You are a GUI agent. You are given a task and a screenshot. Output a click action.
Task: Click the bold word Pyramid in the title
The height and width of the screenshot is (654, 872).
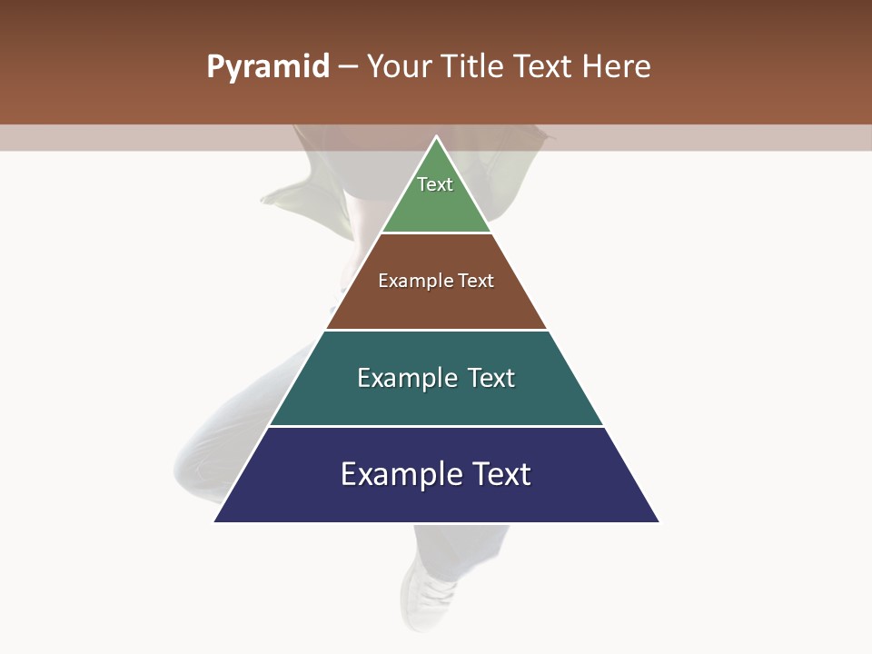tap(267, 67)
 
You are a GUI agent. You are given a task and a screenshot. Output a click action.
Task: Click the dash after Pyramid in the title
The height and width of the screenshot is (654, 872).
tap(347, 67)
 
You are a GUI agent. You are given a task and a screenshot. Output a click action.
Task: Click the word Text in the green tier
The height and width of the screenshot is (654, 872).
tap(435, 184)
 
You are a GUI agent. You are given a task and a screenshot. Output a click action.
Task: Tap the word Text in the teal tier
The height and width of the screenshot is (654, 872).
tap(491, 378)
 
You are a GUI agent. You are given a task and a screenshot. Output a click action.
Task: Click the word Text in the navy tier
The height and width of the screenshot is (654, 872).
tap(501, 474)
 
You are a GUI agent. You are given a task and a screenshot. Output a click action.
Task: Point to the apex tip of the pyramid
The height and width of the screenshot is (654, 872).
tap(436, 137)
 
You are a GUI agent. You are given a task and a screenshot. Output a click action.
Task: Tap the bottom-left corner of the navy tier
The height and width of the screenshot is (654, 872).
tap(215, 520)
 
